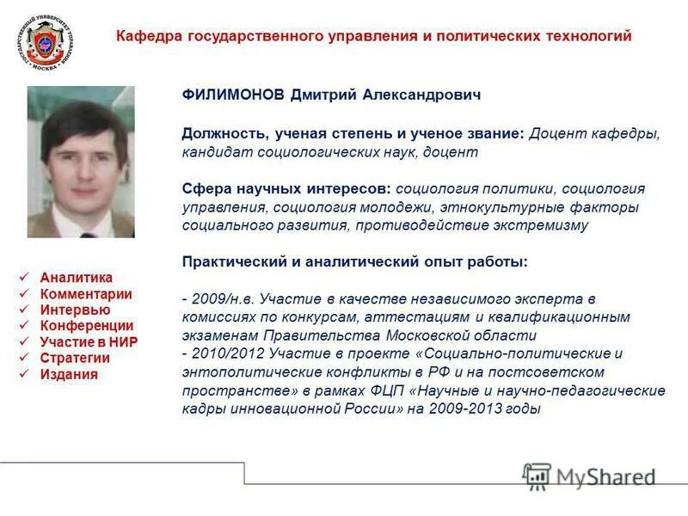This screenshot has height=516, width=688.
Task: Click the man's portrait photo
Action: (81, 162)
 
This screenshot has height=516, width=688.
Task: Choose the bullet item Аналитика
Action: (77, 278)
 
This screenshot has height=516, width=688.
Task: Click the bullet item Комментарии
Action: (86, 294)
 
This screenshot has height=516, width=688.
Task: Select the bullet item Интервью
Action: (75, 310)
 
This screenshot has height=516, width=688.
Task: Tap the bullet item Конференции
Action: (87, 326)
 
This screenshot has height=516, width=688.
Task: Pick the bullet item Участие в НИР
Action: (89, 342)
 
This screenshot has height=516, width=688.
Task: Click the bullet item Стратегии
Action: (75, 358)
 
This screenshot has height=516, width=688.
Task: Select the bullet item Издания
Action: (69, 374)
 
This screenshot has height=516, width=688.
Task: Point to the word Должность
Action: (219, 134)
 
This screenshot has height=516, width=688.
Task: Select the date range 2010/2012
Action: (220, 353)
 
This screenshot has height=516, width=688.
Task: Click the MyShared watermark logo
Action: (589, 476)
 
